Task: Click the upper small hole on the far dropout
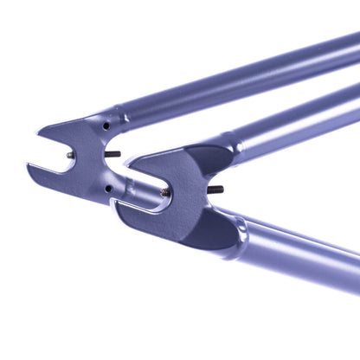pos(106,125)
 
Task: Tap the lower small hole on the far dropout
pos(108,187)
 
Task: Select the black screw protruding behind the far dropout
pos(112,155)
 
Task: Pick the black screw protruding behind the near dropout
pos(215,189)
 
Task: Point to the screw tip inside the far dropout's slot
pos(70,156)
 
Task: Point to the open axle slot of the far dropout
pos(54,156)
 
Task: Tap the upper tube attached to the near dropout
pos(294,121)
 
